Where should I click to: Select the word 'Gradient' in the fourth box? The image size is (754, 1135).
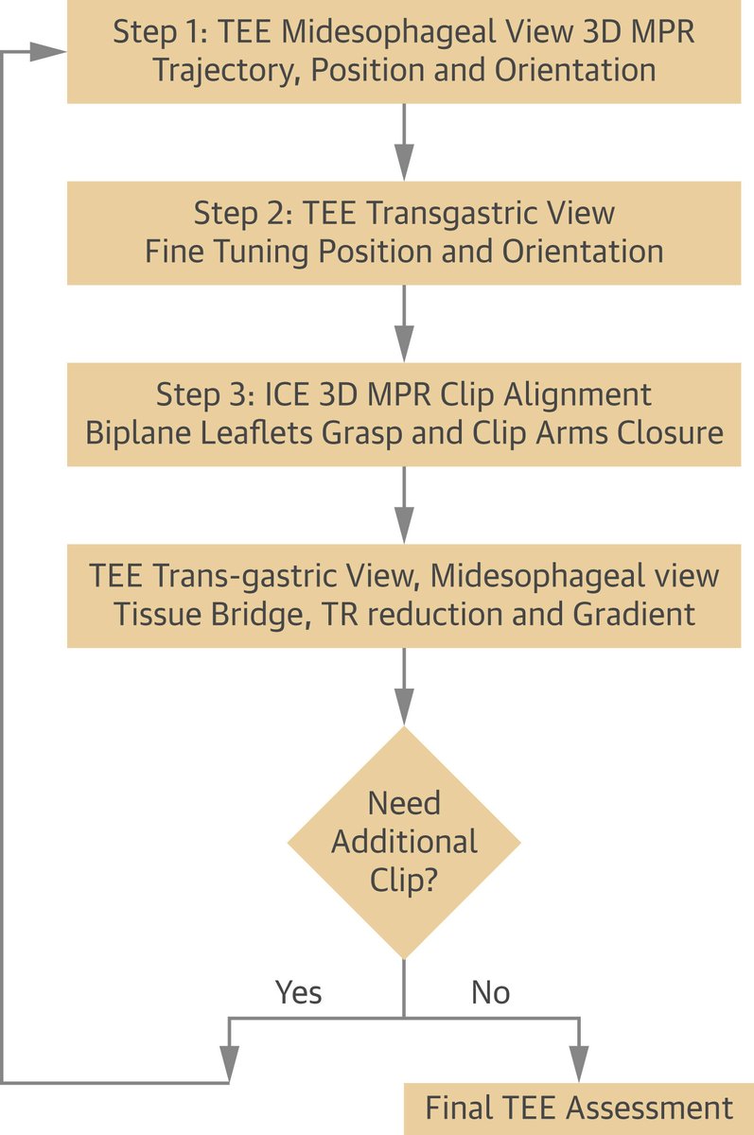pyautogui.click(x=635, y=614)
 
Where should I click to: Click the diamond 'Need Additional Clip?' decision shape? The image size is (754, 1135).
pyautogui.click(x=404, y=842)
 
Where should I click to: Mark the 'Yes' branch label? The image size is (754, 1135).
pyautogui.click(x=298, y=992)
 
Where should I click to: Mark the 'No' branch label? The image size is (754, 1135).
pyautogui.click(x=490, y=992)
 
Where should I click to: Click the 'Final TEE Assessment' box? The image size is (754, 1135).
pyautogui.click(x=579, y=1108)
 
